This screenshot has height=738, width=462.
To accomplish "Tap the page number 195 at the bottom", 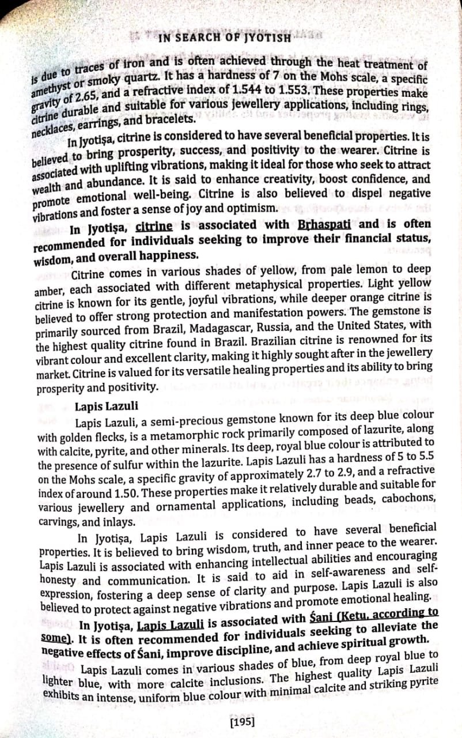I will pos(242,721).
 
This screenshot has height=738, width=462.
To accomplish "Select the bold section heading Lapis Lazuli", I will pos(103,405).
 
